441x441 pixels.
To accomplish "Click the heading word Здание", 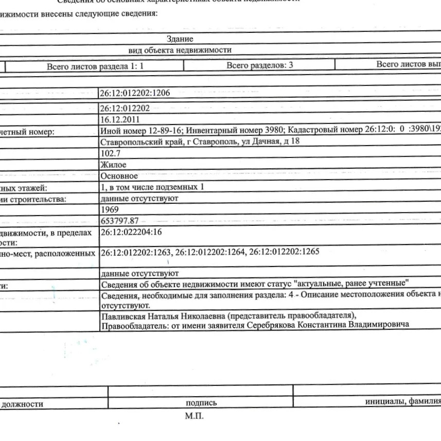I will (x=180, y=39).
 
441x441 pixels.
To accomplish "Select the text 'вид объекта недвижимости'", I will (x=180, y=50).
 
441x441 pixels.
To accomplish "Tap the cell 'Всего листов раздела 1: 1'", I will (x=95, y=66).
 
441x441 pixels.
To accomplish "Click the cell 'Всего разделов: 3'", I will (x=256, y=66).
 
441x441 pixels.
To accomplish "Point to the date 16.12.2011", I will (x=119, y=118).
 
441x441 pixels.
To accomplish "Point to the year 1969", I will (x=110, y=209).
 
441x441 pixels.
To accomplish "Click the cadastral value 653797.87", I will (x=120, y=221).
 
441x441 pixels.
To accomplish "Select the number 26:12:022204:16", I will (x=132, y=232).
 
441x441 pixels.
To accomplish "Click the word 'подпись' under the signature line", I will (x=201, y=404).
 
